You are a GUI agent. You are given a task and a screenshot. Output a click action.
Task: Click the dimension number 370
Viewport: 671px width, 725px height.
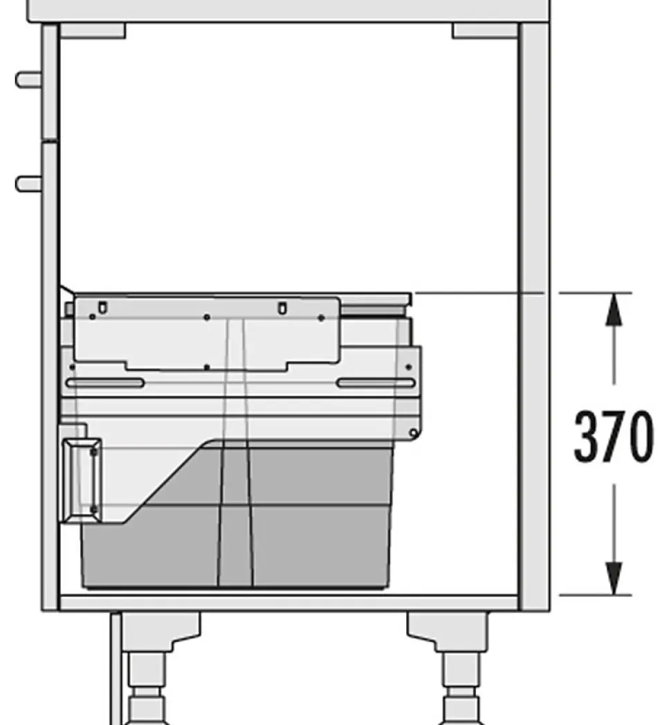click(613, 437)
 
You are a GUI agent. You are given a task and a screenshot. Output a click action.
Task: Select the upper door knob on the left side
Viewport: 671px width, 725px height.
click(28, 80)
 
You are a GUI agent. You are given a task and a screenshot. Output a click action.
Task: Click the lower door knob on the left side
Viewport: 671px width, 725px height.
click(28, 183)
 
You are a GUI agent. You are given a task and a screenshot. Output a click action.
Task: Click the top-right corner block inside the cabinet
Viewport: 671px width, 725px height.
click(485, 30)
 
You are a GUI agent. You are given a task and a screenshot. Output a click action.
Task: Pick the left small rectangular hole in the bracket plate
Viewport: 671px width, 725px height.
click(102, 306)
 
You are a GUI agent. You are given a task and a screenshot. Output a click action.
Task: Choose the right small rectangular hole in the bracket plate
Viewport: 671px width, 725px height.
click(282, 307)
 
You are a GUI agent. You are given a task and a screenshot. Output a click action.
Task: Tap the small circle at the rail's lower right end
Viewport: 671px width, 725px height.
click(413, 434)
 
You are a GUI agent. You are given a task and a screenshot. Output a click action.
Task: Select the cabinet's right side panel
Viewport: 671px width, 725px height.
click(534, 311)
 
